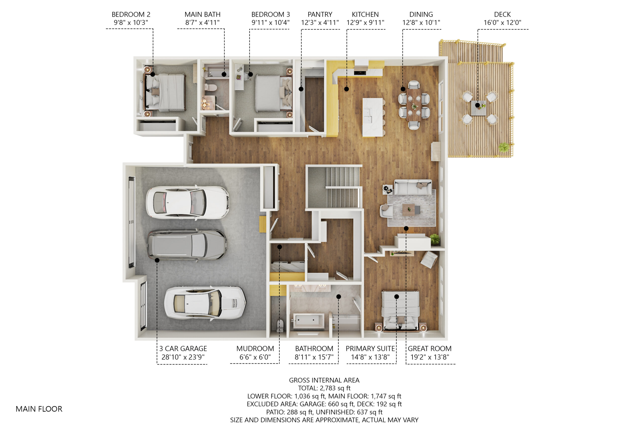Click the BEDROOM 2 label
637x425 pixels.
tap(131, 14)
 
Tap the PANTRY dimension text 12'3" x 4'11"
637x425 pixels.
tap(320, 22)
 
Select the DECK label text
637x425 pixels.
tap(502, 14)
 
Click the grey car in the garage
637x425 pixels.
tap(187, 245)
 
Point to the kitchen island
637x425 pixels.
tap(373, 117)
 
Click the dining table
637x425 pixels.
tap(414, 105)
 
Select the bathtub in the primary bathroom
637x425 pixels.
tap(309, 321)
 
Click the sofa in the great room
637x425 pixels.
tap(413, 187)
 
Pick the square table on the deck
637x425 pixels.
tap(478, 108)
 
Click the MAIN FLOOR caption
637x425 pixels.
tap(39, 409)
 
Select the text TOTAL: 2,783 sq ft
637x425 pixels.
tap(324, 388)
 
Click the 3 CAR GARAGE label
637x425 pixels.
tap(183, 349)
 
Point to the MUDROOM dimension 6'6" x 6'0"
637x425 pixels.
tap(255, 357)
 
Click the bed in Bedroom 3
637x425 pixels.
tap(273, 93)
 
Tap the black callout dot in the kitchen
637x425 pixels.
tap(346, 89)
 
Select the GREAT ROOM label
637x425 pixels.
tap(429, 349)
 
